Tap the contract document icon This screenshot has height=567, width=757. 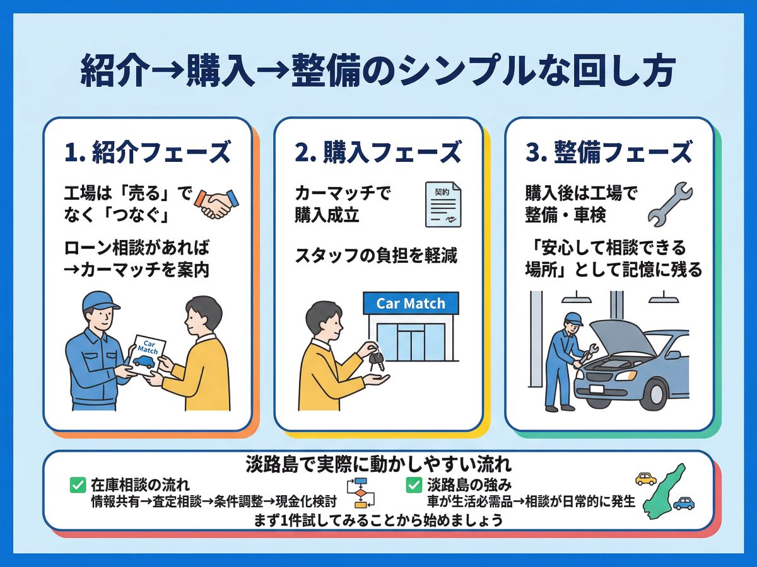[x=442, y=204]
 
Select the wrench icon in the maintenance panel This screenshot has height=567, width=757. [x=669, y=204]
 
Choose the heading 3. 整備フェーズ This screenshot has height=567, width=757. [x=609, y=153]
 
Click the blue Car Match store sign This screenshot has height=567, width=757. [x=411, y=304]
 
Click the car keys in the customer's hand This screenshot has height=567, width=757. [x=377, y=361]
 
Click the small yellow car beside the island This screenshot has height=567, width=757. [x=645, y=479]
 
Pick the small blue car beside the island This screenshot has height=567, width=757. [x=683, y=503]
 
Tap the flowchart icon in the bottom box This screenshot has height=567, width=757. [x=360, y=493]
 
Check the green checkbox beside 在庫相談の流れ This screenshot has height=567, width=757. [x=78, y=485]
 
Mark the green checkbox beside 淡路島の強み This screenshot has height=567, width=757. [x=414, y=485]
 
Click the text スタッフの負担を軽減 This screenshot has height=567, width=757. [x=376, y=256]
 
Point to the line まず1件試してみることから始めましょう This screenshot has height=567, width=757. [x=378, y=521]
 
